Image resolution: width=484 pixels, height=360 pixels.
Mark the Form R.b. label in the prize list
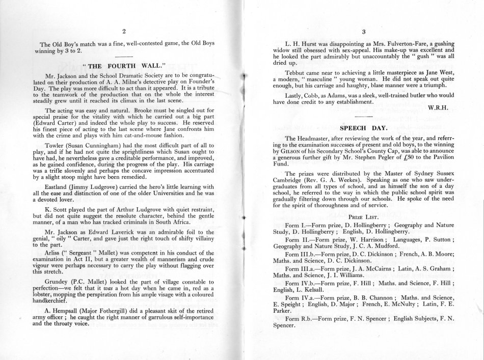303,318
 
